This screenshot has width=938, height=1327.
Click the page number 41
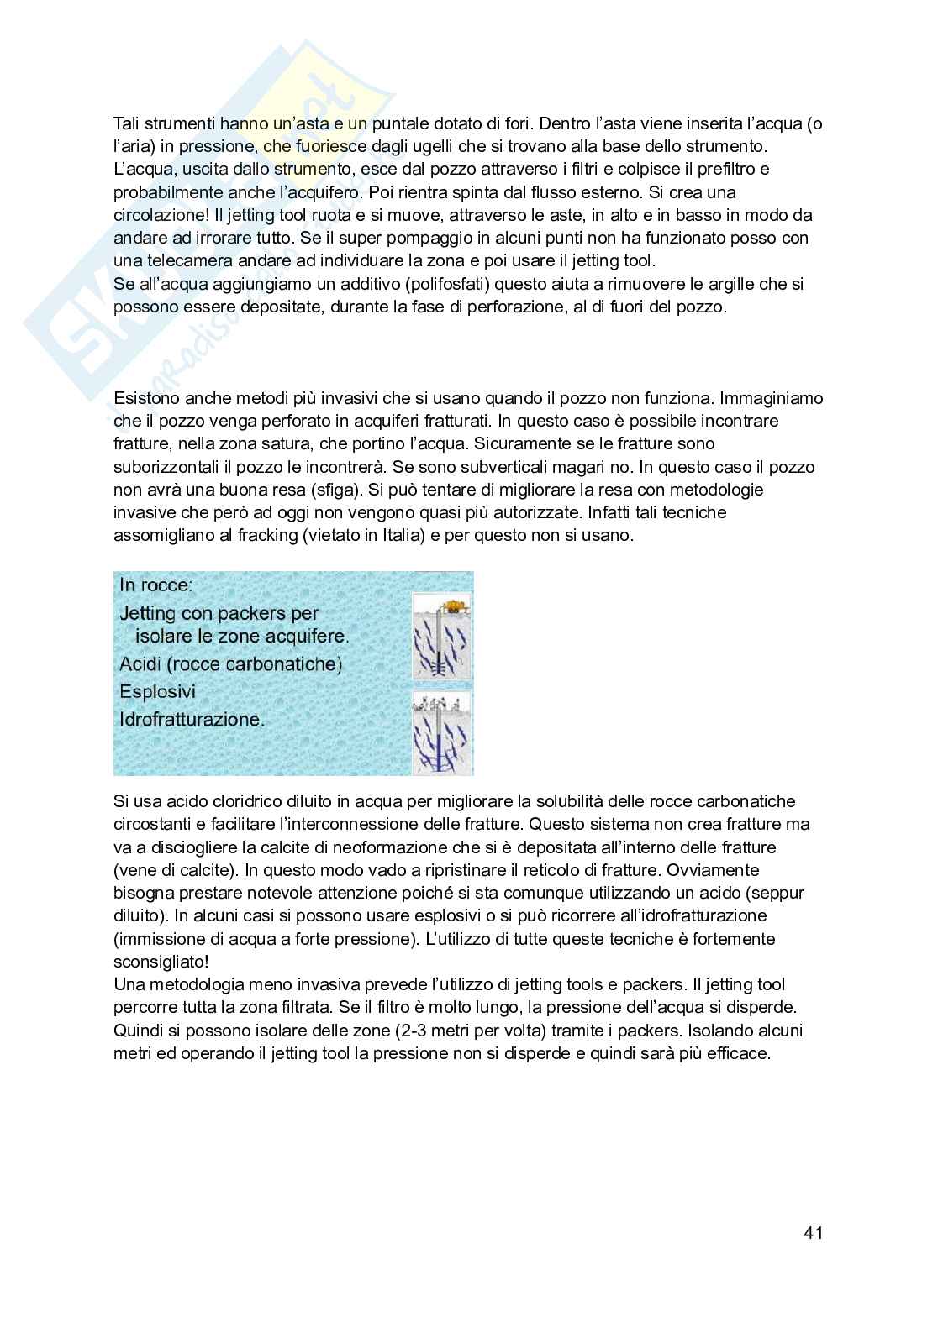(813, 1233)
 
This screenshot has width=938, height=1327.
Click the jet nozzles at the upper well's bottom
(436, 670)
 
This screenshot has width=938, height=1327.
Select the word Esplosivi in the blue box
(157, 692)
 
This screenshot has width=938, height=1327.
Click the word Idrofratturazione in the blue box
(192, 720)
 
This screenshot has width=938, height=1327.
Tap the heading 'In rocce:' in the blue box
(155, 585)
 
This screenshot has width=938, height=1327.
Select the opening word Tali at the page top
(128, 123)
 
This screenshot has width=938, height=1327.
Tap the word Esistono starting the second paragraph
(146, 397)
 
